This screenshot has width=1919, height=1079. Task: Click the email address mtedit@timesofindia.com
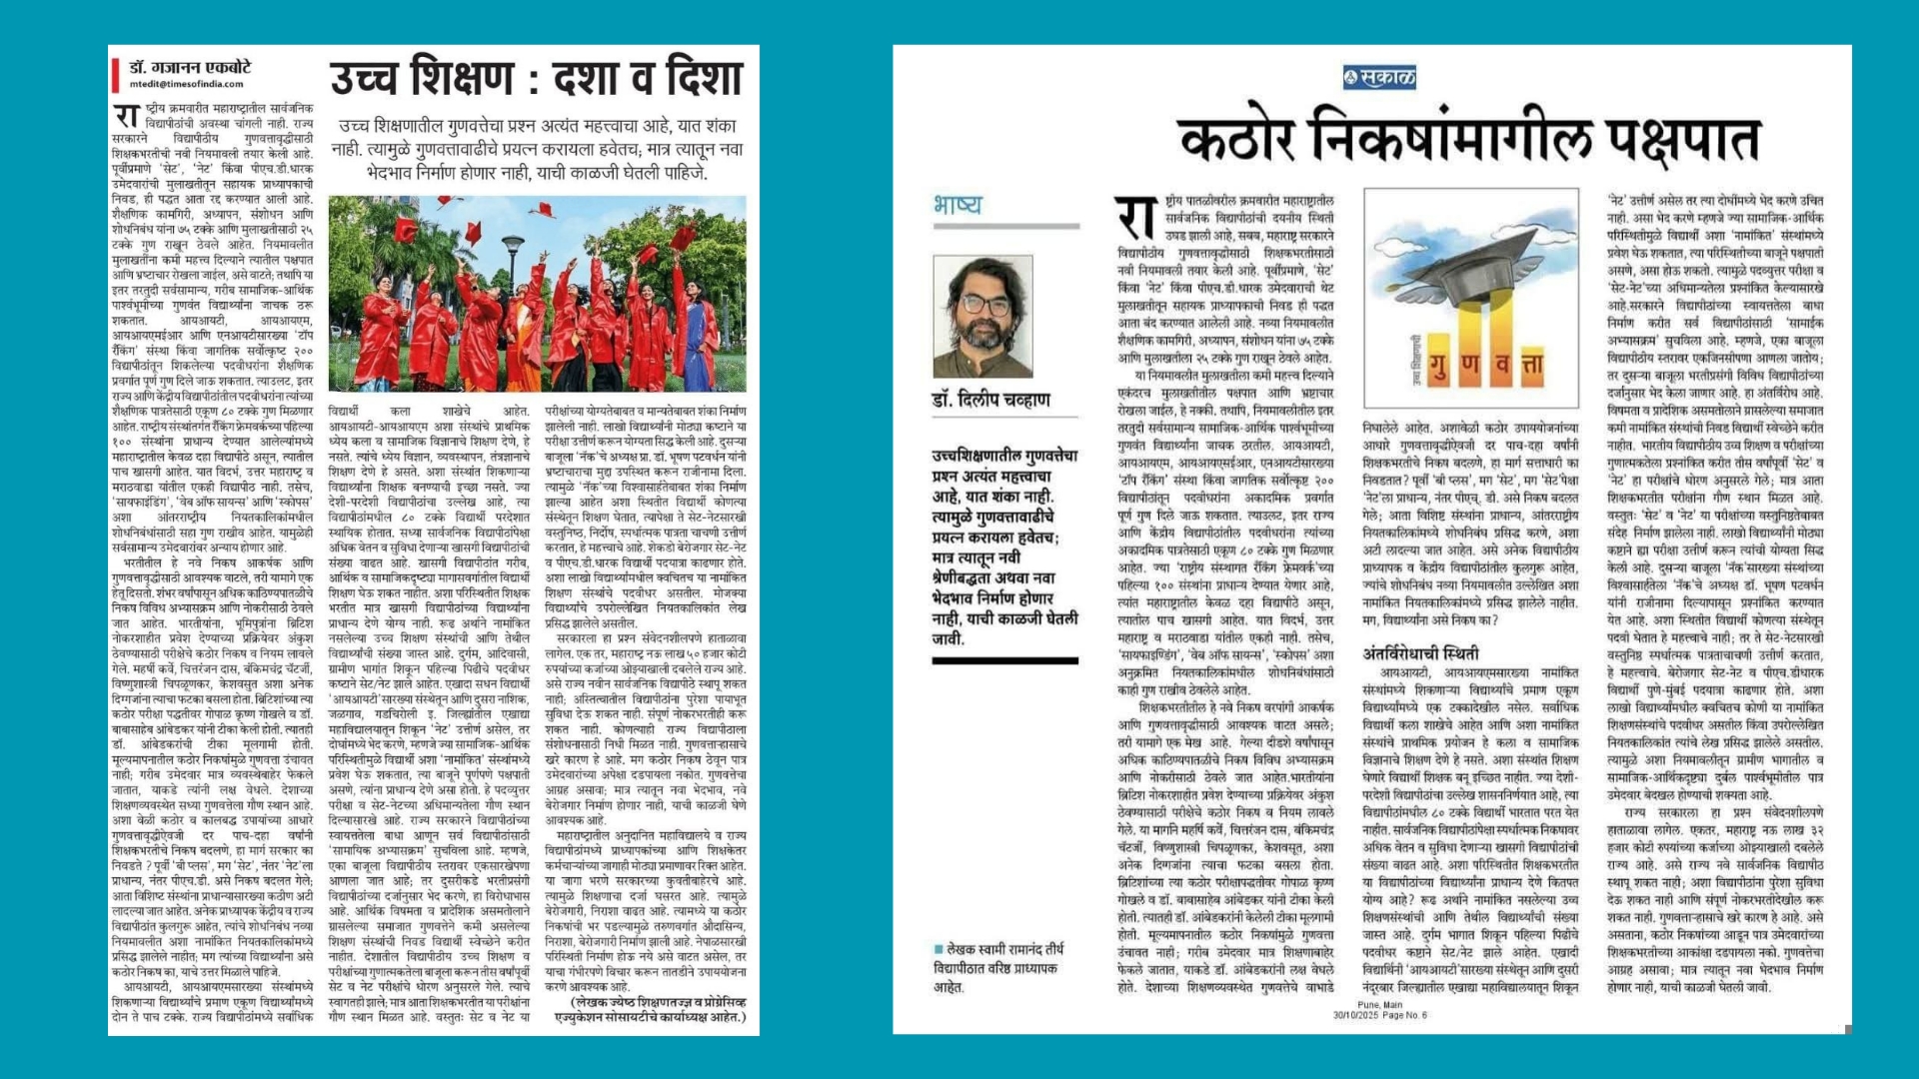[x=187, y=85]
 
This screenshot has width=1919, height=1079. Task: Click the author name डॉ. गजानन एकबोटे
[x=190, y=67]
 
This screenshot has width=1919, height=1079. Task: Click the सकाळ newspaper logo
[x=1379, y=77]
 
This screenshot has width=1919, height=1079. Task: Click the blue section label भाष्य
[x=958, y=205]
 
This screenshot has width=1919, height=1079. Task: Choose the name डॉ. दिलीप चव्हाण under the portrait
[x=990, y=400]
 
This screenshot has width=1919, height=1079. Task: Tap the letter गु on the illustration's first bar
[x=1439, y=367]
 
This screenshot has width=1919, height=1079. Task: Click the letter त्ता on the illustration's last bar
[x=1531, y=367]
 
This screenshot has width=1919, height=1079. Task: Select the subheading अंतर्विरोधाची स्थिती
[x=1420, y=653]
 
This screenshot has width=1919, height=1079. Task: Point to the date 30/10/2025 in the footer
[x=1355, y=1015]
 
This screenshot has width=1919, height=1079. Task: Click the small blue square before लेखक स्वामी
[x=938, y=949]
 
